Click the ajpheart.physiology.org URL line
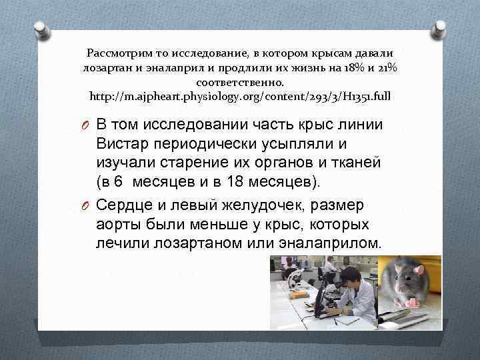coord(240,97)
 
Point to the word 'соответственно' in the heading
coord(240,83)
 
